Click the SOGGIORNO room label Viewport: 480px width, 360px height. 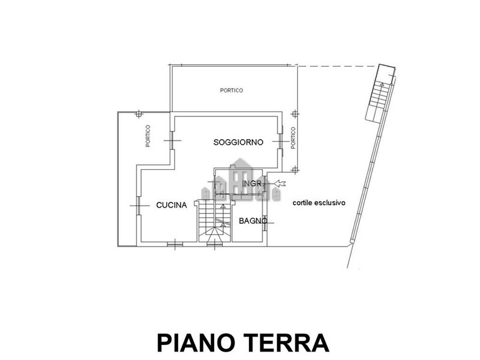pos(238,142)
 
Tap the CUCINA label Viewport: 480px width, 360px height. pos(172,205)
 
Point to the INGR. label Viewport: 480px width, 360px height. pos(253,184)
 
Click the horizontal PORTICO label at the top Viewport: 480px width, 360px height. pos(232,91)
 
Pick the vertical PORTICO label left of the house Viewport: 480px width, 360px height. pos(148,136)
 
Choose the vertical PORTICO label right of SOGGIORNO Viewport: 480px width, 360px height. pos(293,138)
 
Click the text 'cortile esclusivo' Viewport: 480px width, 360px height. pos(319,203)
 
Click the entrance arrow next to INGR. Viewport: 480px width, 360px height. pos(280,184)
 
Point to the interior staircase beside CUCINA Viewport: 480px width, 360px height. pos(214,221)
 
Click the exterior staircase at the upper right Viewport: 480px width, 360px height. pos(379,92)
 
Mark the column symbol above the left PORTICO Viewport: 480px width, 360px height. pos(139,114)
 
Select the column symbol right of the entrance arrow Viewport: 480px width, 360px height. pos(295,170)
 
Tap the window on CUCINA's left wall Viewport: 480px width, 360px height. pos(139,205)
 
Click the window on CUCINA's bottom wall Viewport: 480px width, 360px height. pos(175,244)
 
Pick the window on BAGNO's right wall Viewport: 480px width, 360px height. pos(265,221)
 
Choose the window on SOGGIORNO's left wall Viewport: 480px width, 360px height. pos(172,140)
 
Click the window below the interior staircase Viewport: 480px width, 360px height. pos(215,244)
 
